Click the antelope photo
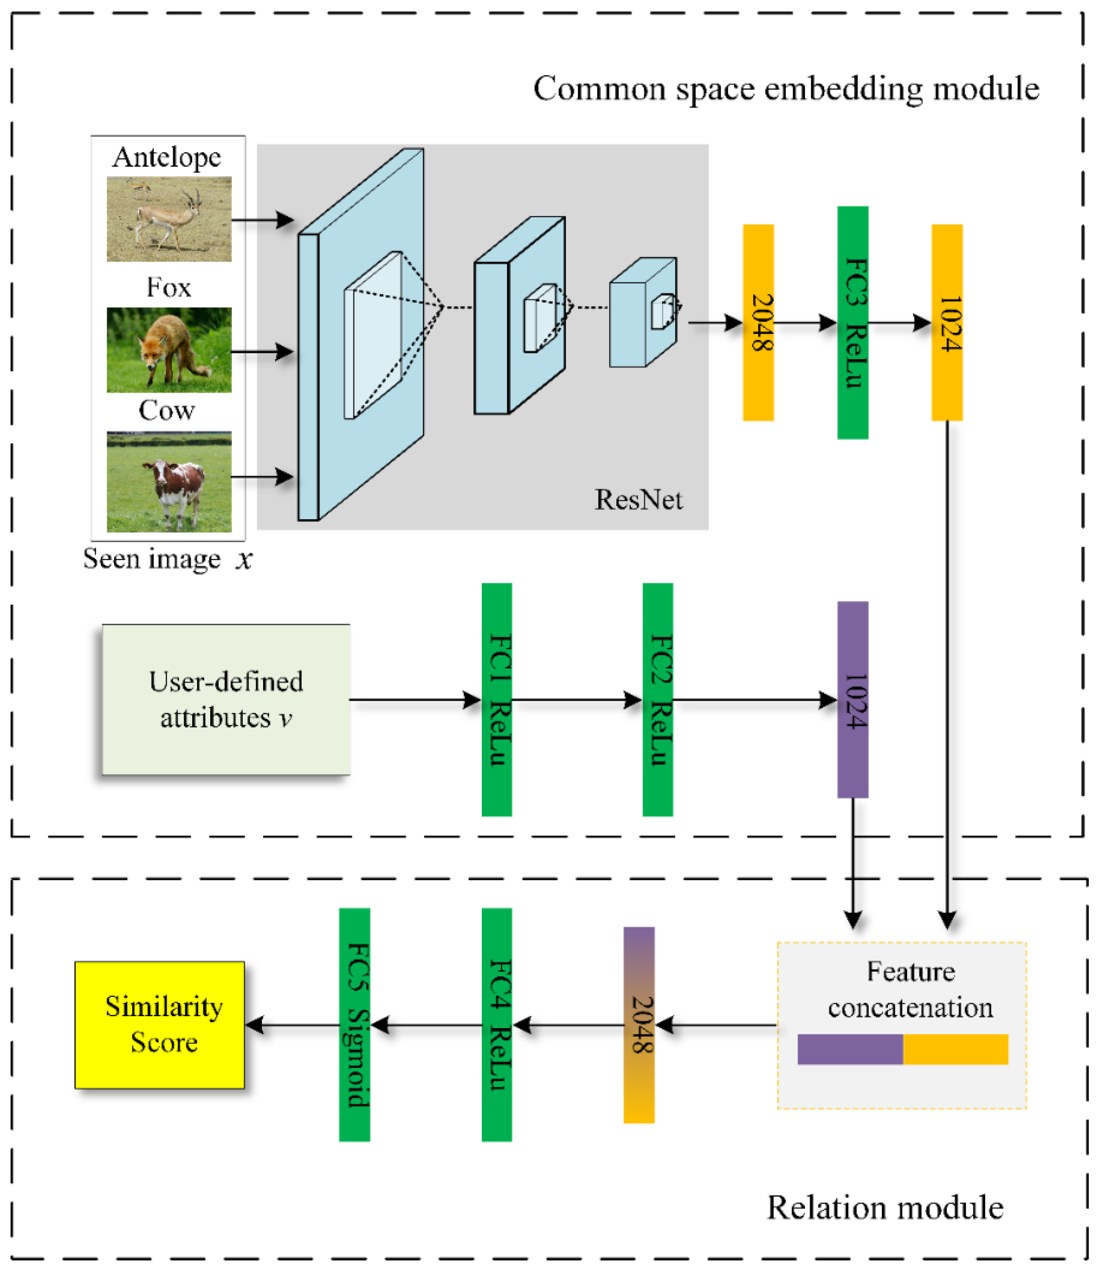(x=169, y=219)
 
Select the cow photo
(x=169, y=482)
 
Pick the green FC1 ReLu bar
(x=497, y=699)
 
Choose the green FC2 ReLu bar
(x=658, y=699)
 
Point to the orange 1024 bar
(x=947, y=323)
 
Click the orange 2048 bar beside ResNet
(x=758, y=323)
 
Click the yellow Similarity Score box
(x=160, y=1025)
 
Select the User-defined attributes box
(x=227, y=699)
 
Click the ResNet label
(x=639, y=500)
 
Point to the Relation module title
(x=885, y=1208)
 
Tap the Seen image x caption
(x=167, y=559)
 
